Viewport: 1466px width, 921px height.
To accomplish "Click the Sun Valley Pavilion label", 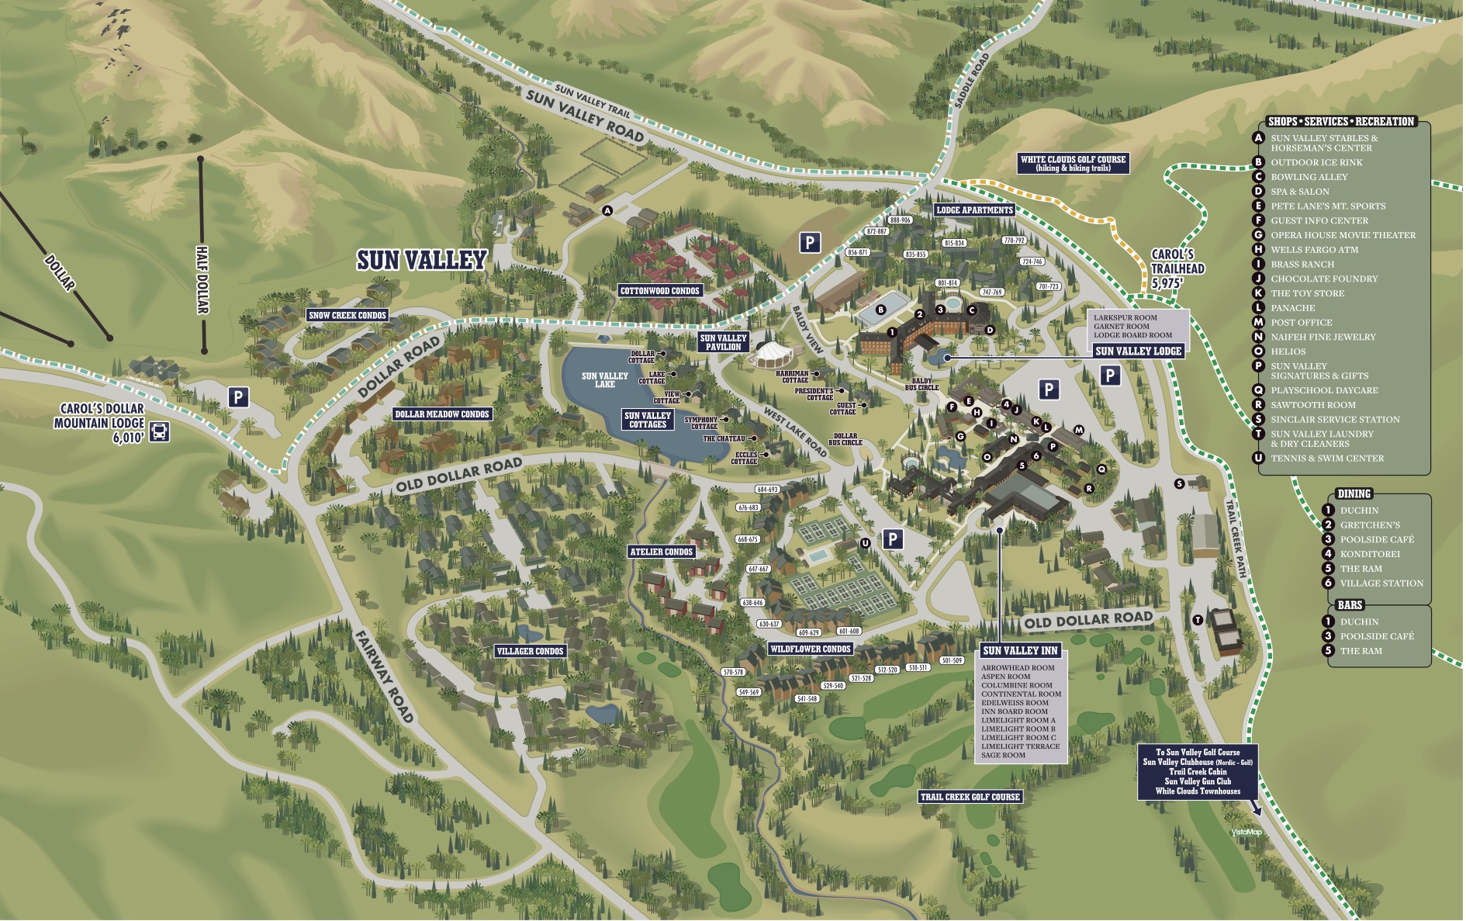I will tap(723, 342).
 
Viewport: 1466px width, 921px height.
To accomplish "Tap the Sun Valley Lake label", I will tap(605, 379).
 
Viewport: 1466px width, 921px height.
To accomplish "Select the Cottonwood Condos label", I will tap(660, 291).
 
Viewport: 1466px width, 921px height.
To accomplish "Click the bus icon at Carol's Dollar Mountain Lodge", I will tap(159, 431).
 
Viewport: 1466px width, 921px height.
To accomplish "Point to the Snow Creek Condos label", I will tap(347, 315).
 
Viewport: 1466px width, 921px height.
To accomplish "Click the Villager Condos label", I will tap(531, 651).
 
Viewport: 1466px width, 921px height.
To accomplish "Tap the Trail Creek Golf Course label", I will tap(970, 797).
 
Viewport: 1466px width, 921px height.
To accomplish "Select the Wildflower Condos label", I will tap(811, 649).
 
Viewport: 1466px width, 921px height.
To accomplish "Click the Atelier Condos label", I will tap(662, 552).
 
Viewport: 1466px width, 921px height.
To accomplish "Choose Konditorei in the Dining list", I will tap(1370, 554).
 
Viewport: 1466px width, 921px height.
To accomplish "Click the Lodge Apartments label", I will tap(974, 209).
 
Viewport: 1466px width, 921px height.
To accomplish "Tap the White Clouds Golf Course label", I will tap(1073, 163).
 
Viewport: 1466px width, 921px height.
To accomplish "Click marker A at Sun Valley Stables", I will tap(607, 210).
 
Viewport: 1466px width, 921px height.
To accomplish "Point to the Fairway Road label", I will tap(384, 675).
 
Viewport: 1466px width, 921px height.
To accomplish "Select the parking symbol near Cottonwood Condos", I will tap(810, 243).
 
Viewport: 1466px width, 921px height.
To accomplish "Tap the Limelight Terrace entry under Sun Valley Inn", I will tap(1020, 746).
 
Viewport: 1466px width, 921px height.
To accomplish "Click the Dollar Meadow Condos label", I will tap(442, 414).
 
